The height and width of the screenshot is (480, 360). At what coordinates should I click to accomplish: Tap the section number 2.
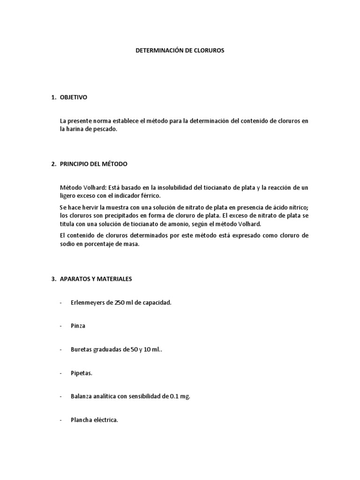pos(53,164)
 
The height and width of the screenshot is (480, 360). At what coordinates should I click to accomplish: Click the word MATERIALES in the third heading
pos(115,279)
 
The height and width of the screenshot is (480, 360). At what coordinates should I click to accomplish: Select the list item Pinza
pos(78,326)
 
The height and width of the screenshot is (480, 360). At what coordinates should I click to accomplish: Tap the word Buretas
pos(81,350)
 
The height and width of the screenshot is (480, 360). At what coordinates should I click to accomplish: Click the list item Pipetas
pos(82,373)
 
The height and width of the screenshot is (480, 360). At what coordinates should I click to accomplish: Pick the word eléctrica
pos(105,420)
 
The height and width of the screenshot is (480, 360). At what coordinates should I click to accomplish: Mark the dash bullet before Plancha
pos(61,420)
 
